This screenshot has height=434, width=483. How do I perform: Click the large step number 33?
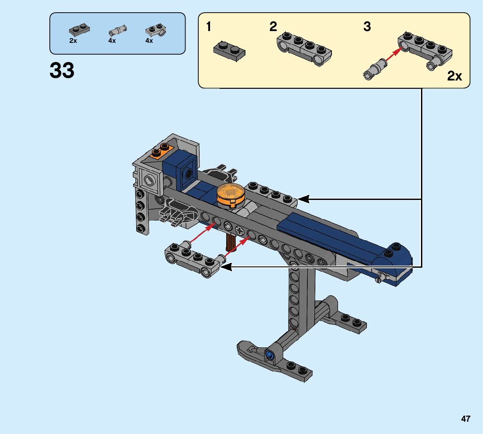click(x=62, y=70)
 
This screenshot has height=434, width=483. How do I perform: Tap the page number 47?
click(x=466, y=419)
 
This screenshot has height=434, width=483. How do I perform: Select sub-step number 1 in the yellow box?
click(x=209, y=27)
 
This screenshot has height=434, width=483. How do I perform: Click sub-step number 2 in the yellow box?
click(x=273, y=27)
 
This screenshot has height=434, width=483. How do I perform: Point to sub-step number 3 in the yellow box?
click(x=367, y=27)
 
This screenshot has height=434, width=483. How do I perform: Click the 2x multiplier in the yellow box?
click(x=455, y=77)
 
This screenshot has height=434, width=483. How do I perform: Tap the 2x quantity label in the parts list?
click(x=73, y=41)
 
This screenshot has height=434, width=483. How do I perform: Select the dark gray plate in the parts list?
click(x=79, y=31)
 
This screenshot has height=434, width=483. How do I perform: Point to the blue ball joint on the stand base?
click(x=269, y=355)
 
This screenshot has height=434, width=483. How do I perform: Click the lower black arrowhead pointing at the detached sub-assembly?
click(x=226, y=266)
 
